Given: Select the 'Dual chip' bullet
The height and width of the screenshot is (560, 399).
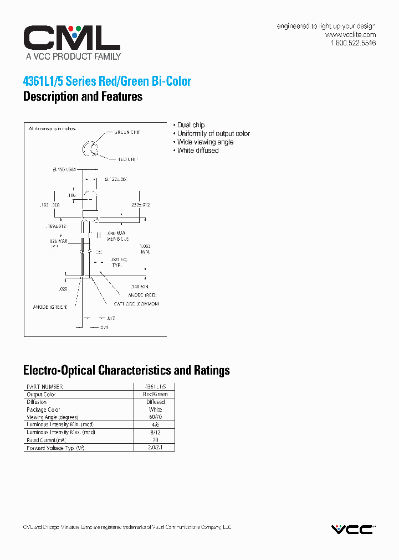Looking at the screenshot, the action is pos(190,125).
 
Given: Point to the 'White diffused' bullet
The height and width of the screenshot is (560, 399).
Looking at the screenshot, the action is pos(197,151).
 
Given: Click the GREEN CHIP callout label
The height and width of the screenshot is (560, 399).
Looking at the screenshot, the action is pos(127,133).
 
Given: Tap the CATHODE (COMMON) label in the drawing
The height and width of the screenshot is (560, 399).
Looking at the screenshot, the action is pos(136,304).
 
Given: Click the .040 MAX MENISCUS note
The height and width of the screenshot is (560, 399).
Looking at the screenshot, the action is pos(117,236).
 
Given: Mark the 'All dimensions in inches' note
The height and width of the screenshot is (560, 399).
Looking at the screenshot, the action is pos(52,128).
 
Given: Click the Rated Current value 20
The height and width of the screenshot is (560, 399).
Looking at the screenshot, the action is pos(156,440).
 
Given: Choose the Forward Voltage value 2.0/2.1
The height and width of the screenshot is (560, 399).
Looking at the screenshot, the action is pos(156,448).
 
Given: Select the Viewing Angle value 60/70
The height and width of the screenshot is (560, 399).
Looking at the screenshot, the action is pos(156,417).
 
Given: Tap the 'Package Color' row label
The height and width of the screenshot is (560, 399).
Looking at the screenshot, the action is pos(44,409).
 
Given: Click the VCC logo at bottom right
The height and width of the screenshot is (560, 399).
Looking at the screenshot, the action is pos(352,529).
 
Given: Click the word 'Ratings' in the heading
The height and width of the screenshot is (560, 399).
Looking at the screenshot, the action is pos(209,370).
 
